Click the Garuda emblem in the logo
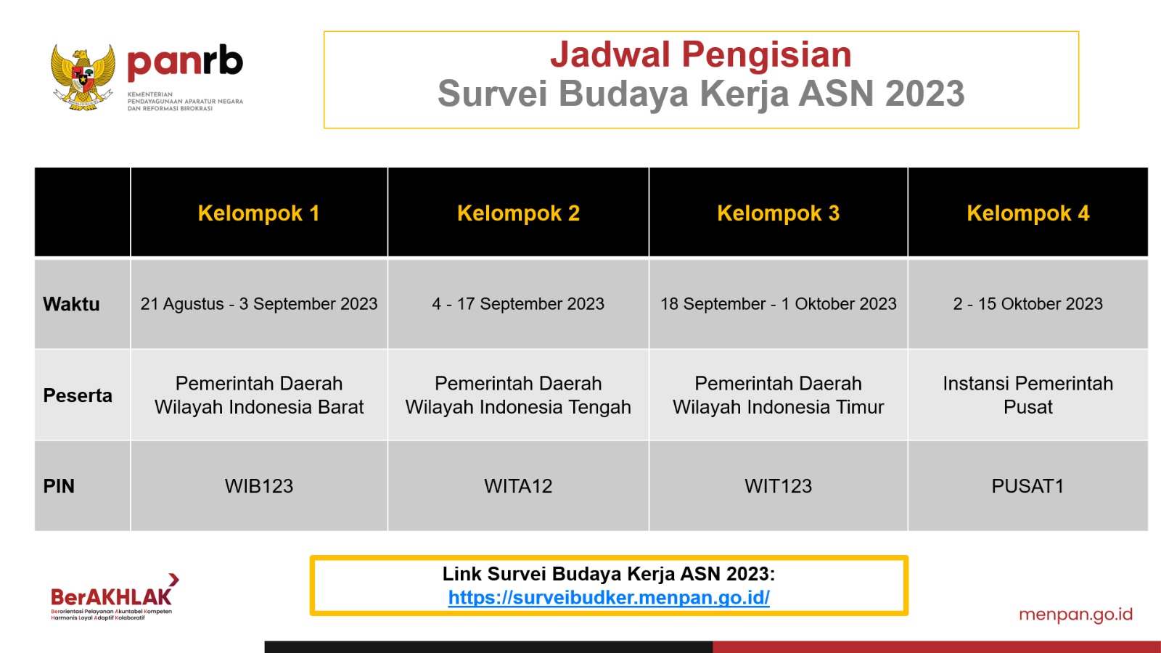(x=83, y=77)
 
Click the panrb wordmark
(x=185, y=62)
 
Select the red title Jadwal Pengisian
(x=701, y=54)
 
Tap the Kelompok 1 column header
(x=258, y=213)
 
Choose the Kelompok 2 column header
(x=518, y=213)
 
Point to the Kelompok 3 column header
(x=778, y=213)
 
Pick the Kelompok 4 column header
(x=1027, y=213)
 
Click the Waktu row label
(x=71, y=304)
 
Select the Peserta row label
(x=77, y=395)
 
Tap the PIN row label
(x=59, y=486)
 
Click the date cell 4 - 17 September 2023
(x=518, y=304)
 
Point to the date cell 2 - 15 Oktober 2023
(x=1027, y=304)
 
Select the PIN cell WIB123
(x=258, y=486)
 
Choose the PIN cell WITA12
(x=518, y=486)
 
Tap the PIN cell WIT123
(x=778, y=486)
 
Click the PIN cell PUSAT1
(x=1027, y=486)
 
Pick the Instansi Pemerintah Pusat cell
(x=1027, y=395)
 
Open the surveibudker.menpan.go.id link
(x=609, y=598)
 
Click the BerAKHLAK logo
(x=114, y=596)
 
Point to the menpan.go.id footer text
(x=1075, y=615)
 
